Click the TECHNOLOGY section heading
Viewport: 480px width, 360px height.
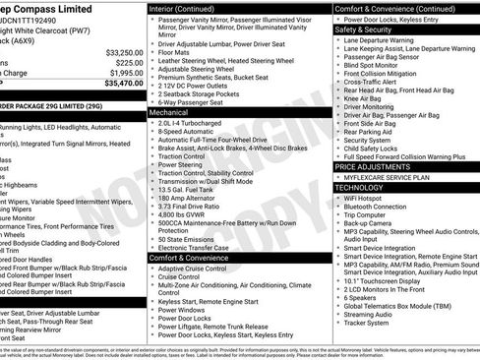click(x=359, y=187)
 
